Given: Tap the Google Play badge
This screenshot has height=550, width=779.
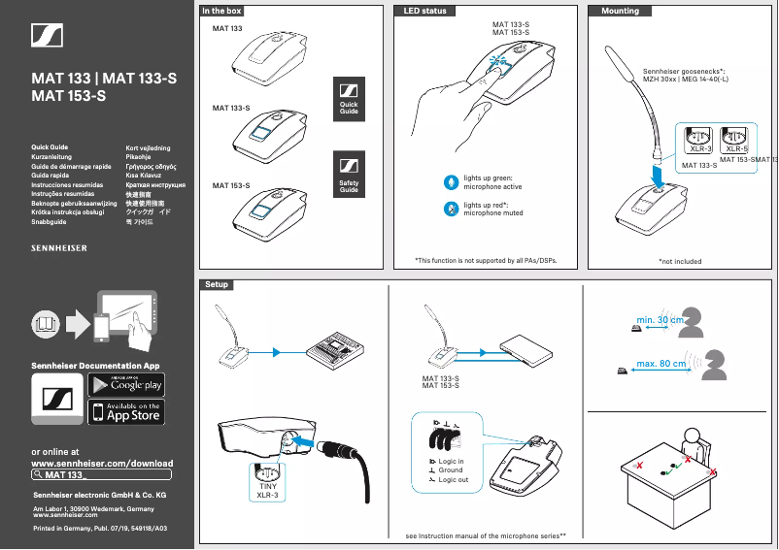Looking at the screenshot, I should [x=126, y=383].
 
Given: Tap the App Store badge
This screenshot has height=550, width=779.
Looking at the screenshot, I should [x=126, y=412].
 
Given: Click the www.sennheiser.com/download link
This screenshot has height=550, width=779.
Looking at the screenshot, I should [x=103, y=464].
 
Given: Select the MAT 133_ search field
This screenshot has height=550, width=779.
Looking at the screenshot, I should [x=102, y=475].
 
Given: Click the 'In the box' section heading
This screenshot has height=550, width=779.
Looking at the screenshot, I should [x=221, y=11].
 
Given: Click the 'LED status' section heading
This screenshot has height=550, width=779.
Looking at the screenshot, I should [x=425, y=11].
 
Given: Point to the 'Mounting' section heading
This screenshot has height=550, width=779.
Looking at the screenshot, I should [x=621, y=11].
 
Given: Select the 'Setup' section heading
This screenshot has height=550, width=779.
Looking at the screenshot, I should [x=216, y=284].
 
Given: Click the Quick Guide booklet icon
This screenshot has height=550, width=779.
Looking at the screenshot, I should [x=349, y=97].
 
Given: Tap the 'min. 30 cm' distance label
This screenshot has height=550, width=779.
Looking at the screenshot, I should [x=660, y=320].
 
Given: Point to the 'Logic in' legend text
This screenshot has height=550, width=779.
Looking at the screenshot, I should [x=451, y=462].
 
